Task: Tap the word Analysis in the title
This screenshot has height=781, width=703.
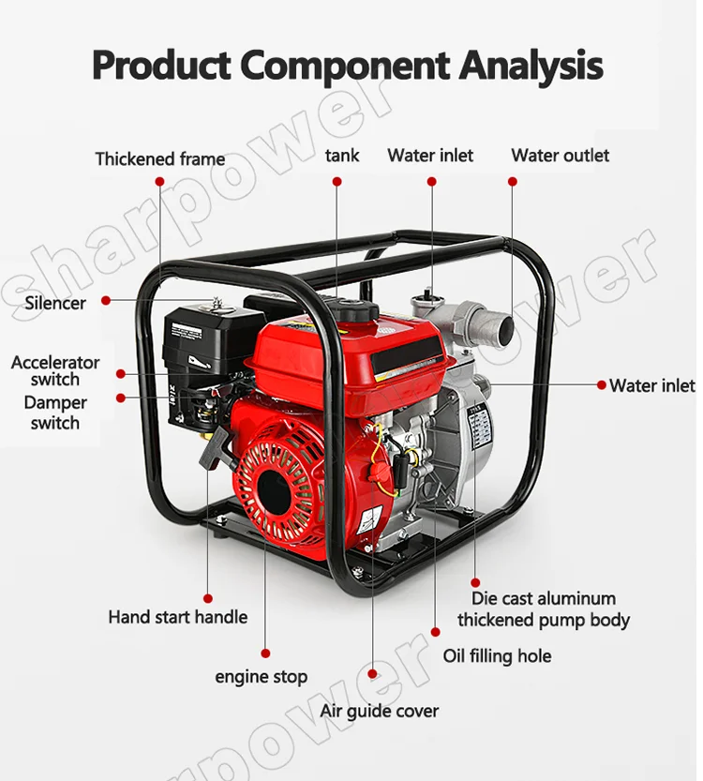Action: (x=531, y=65)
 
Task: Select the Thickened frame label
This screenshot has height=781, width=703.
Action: (x=159, y=158)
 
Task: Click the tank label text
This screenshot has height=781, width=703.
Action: (x=341, y=156)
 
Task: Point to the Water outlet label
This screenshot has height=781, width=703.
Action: (x=560, y=156)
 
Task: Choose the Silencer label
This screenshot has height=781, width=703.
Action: (x=55, y=302)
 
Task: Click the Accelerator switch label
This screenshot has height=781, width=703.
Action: (x=55, y=370)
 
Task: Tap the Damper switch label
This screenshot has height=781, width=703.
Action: (x=55, y=413)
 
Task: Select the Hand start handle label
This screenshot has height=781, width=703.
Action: (x=178, y=617)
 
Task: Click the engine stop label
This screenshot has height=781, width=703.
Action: (x=261, y=676)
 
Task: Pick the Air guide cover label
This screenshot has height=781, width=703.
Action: (x=379, y=711)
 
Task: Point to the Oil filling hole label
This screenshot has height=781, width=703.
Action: (x=497, y=656)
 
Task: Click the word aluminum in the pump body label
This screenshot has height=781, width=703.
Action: (x=570, y=598)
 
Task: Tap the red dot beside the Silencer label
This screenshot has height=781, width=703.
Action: (x=106, y=301)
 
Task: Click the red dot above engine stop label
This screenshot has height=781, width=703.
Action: (x=265, y=653)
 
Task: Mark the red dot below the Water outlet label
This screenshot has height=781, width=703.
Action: (x=512, y=182)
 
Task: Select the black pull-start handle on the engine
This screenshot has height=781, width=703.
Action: (x=213, y=447)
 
